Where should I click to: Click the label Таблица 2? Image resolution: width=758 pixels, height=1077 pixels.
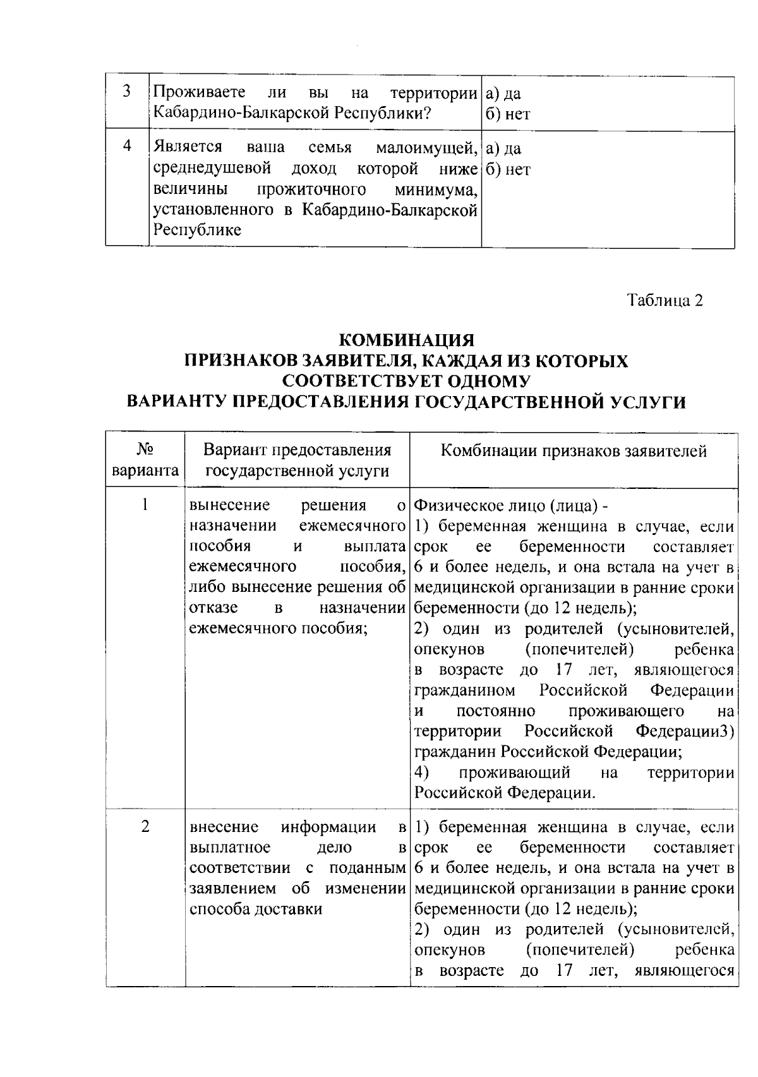665,301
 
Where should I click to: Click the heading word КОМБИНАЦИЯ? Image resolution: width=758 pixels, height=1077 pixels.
407,340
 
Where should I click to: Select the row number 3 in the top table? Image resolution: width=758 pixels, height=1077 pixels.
127,92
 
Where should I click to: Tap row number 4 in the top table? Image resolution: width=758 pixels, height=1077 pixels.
127,147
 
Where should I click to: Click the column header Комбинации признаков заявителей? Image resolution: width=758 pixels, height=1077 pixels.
574,451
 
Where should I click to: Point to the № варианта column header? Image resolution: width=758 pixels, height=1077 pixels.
145,460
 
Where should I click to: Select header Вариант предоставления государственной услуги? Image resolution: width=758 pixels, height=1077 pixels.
297,460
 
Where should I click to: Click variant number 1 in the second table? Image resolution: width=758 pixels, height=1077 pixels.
145,505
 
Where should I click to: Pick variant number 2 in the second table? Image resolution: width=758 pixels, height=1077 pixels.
145,827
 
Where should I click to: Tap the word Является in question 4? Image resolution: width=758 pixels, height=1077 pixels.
188,148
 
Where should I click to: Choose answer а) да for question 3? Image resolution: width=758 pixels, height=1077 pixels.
503,94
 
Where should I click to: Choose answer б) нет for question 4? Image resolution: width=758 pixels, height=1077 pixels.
508,169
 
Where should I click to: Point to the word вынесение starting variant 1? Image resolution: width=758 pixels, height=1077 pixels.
230,506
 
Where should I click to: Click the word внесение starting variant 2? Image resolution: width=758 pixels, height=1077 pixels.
224,827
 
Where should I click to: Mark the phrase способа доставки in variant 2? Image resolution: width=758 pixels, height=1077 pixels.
256,909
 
